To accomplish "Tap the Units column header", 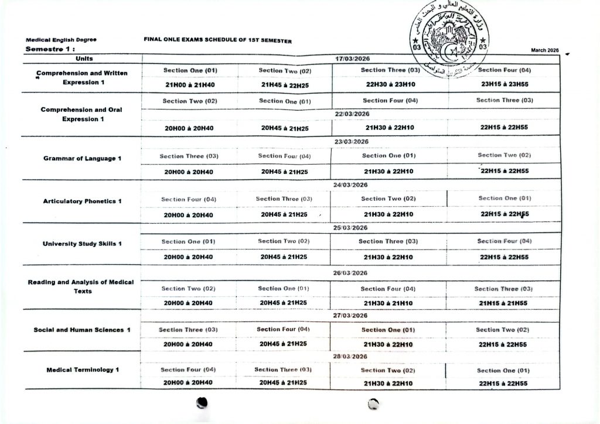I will [84, 59].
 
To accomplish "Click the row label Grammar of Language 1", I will [82, 158].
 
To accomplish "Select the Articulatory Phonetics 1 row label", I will [82, 201].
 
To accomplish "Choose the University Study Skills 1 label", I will [82, 244].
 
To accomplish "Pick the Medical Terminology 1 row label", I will [82, 370].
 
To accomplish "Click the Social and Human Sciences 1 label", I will [82, 330].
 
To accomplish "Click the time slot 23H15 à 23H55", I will [504, 84].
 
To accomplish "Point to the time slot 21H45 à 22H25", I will [284, 84].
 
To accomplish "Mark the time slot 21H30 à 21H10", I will [388, 303].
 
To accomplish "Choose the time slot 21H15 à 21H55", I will [503, 303].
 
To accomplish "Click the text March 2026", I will [545, 50].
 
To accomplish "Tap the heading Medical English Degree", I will [62, 40].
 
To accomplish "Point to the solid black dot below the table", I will [203, 402].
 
